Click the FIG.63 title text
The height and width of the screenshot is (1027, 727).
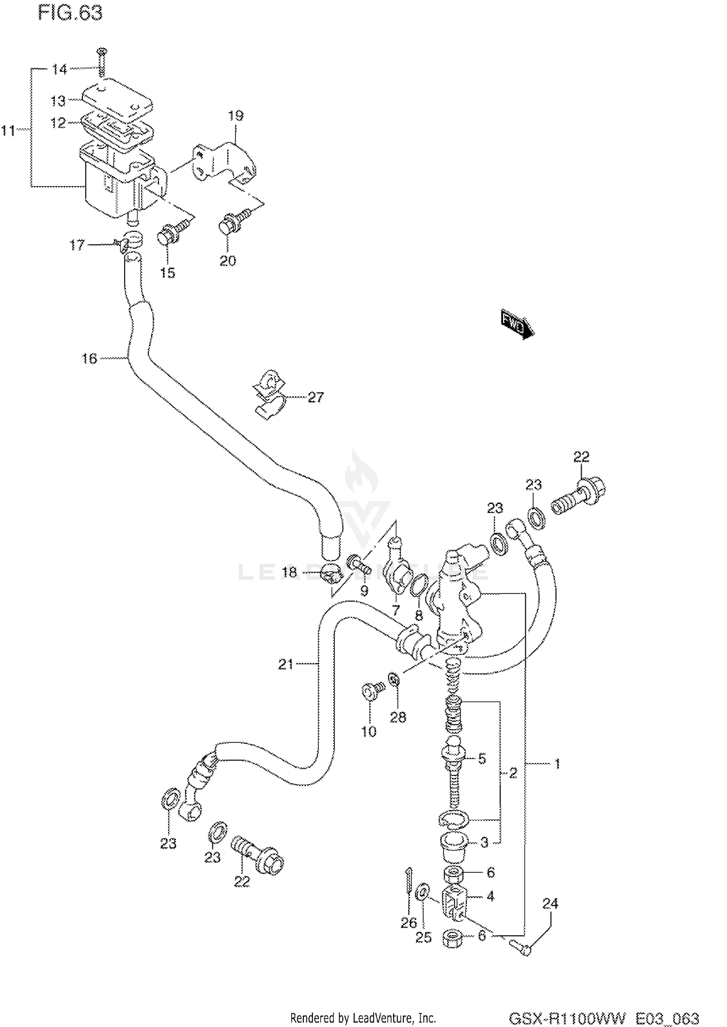[70, 13]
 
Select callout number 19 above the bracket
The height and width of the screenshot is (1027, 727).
[236, 116]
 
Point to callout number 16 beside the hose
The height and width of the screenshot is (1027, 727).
[89, 359]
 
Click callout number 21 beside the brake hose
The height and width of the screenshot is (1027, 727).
[285, 664]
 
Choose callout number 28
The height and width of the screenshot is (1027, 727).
[398, 717]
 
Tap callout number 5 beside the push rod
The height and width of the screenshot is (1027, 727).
[482, 758]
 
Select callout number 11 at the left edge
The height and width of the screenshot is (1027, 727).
[8, 130]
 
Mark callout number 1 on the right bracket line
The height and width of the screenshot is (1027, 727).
[557, 764]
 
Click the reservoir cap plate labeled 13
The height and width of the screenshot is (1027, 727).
[116, 97]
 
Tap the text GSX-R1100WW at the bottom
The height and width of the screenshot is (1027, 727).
[568, 1017]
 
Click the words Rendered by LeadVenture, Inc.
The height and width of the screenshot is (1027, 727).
[363, 1017]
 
